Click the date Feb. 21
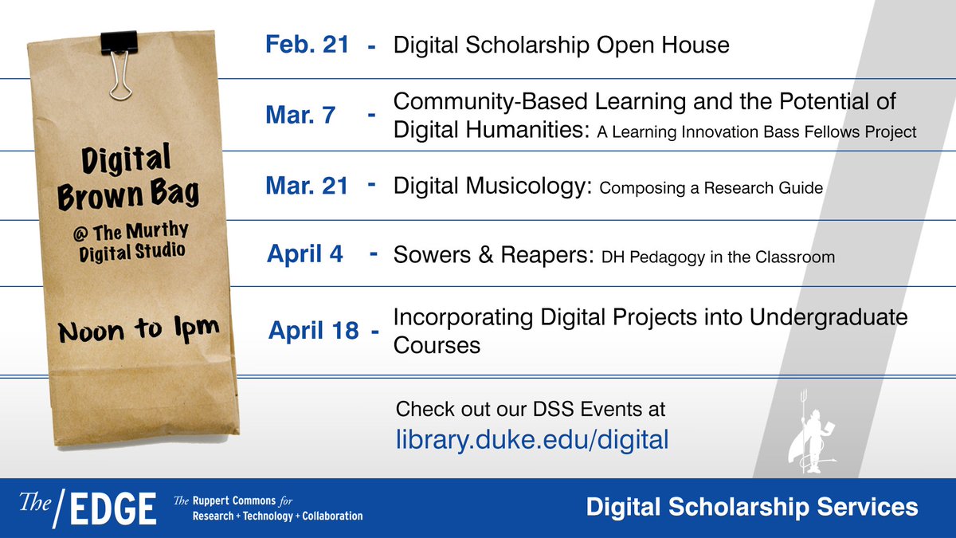pyautogui.click(x=308, y=44)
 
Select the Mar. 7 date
pyautogui.click(x=300, y=115)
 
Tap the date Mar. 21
pyautogui.click(x=307, y=185)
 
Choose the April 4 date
pyautogui.click(x=304, y=253)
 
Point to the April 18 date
pyautogui.click(x=314, y=330)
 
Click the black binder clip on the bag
pyautogui.click(x=119, y=64)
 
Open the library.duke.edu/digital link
pyautogui.click(x=532, y=439)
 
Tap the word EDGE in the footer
pyautogui.click(x=113, y=509)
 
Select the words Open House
pyautogui.click(x=663, y=45)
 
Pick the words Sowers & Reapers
pyautogui.click(x=494, y=254)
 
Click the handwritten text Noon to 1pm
pyautogui.click(x=139, y=330)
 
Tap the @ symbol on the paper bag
pyautogui.click(x=80, y=234)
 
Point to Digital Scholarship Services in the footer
pyautogui.click(x=752, y=507)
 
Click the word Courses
pyautogui.click(x=437, y=345)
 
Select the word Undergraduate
pyautogui.click(x=829, y=318)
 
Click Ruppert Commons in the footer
pyautogui.click(x=234, y=501)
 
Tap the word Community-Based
pyautogui.click(x=491, y=102)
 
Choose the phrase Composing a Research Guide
pyautogui.click(x=711, y=188)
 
